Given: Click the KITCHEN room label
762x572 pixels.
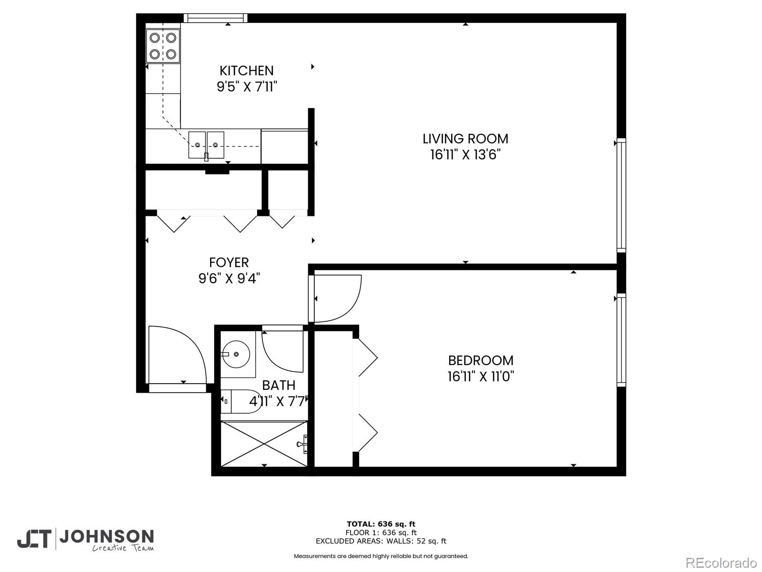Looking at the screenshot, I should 246,71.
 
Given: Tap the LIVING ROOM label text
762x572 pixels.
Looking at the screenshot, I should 465,139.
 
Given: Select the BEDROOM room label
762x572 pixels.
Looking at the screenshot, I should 481,360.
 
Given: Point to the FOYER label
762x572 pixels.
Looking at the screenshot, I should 229,263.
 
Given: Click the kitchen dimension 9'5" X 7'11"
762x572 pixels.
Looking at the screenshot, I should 247,87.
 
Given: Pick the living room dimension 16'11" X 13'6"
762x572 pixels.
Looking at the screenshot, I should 465,155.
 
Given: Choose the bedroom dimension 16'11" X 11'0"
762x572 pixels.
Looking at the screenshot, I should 481,377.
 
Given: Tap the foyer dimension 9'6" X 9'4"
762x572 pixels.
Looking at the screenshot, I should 229,278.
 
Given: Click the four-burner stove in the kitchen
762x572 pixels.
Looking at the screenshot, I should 163,46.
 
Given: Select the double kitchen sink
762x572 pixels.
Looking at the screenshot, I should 206,145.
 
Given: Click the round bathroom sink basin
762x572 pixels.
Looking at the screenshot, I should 237,354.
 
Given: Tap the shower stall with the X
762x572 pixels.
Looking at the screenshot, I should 264,444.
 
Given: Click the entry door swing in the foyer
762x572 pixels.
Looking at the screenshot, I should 176,355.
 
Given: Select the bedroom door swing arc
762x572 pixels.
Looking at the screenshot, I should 336,299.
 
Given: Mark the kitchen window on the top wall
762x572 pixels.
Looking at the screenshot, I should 215,18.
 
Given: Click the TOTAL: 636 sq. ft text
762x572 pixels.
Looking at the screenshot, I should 381,524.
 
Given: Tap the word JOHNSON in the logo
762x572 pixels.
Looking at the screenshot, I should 106,537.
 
